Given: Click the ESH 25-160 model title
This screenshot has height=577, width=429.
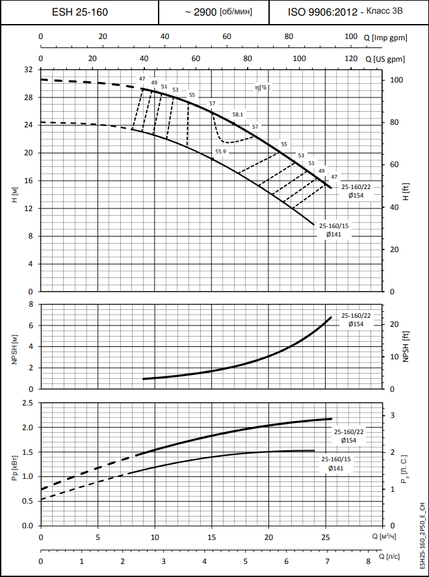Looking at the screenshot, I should [x=80, y=12].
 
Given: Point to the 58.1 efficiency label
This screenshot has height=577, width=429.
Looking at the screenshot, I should [x=237, y=114].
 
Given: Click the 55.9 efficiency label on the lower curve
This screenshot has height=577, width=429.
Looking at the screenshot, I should [x=220, y=151].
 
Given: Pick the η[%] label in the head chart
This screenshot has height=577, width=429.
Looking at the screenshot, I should [x=262, y=87].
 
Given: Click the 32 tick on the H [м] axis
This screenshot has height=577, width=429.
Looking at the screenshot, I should [x=28, y=70].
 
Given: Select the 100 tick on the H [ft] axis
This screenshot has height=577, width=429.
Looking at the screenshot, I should [x=396, y=80].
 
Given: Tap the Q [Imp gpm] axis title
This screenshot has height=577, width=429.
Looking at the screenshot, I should [x=385, y=37].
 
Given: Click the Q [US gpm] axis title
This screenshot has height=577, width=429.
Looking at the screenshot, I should [x=385, y=59].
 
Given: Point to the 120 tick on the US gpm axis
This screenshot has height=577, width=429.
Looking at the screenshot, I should [x=351, y=59].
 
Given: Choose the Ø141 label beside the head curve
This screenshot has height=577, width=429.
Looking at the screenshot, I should [x=334, y=234].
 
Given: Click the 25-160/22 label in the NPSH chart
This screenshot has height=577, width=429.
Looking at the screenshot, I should [x=355, y=315].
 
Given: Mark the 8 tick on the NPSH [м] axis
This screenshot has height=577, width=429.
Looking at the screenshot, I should [x=31, y=304].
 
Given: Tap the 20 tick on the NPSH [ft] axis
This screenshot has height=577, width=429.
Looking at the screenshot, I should [x=394, y=324].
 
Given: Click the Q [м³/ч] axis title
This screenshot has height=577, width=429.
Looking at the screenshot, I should [x=385, y=537].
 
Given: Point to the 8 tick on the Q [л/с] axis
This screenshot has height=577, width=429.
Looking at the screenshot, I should [x=368, y=560].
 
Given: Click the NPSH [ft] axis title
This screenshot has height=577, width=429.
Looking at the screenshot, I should [x=406, y=346].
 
